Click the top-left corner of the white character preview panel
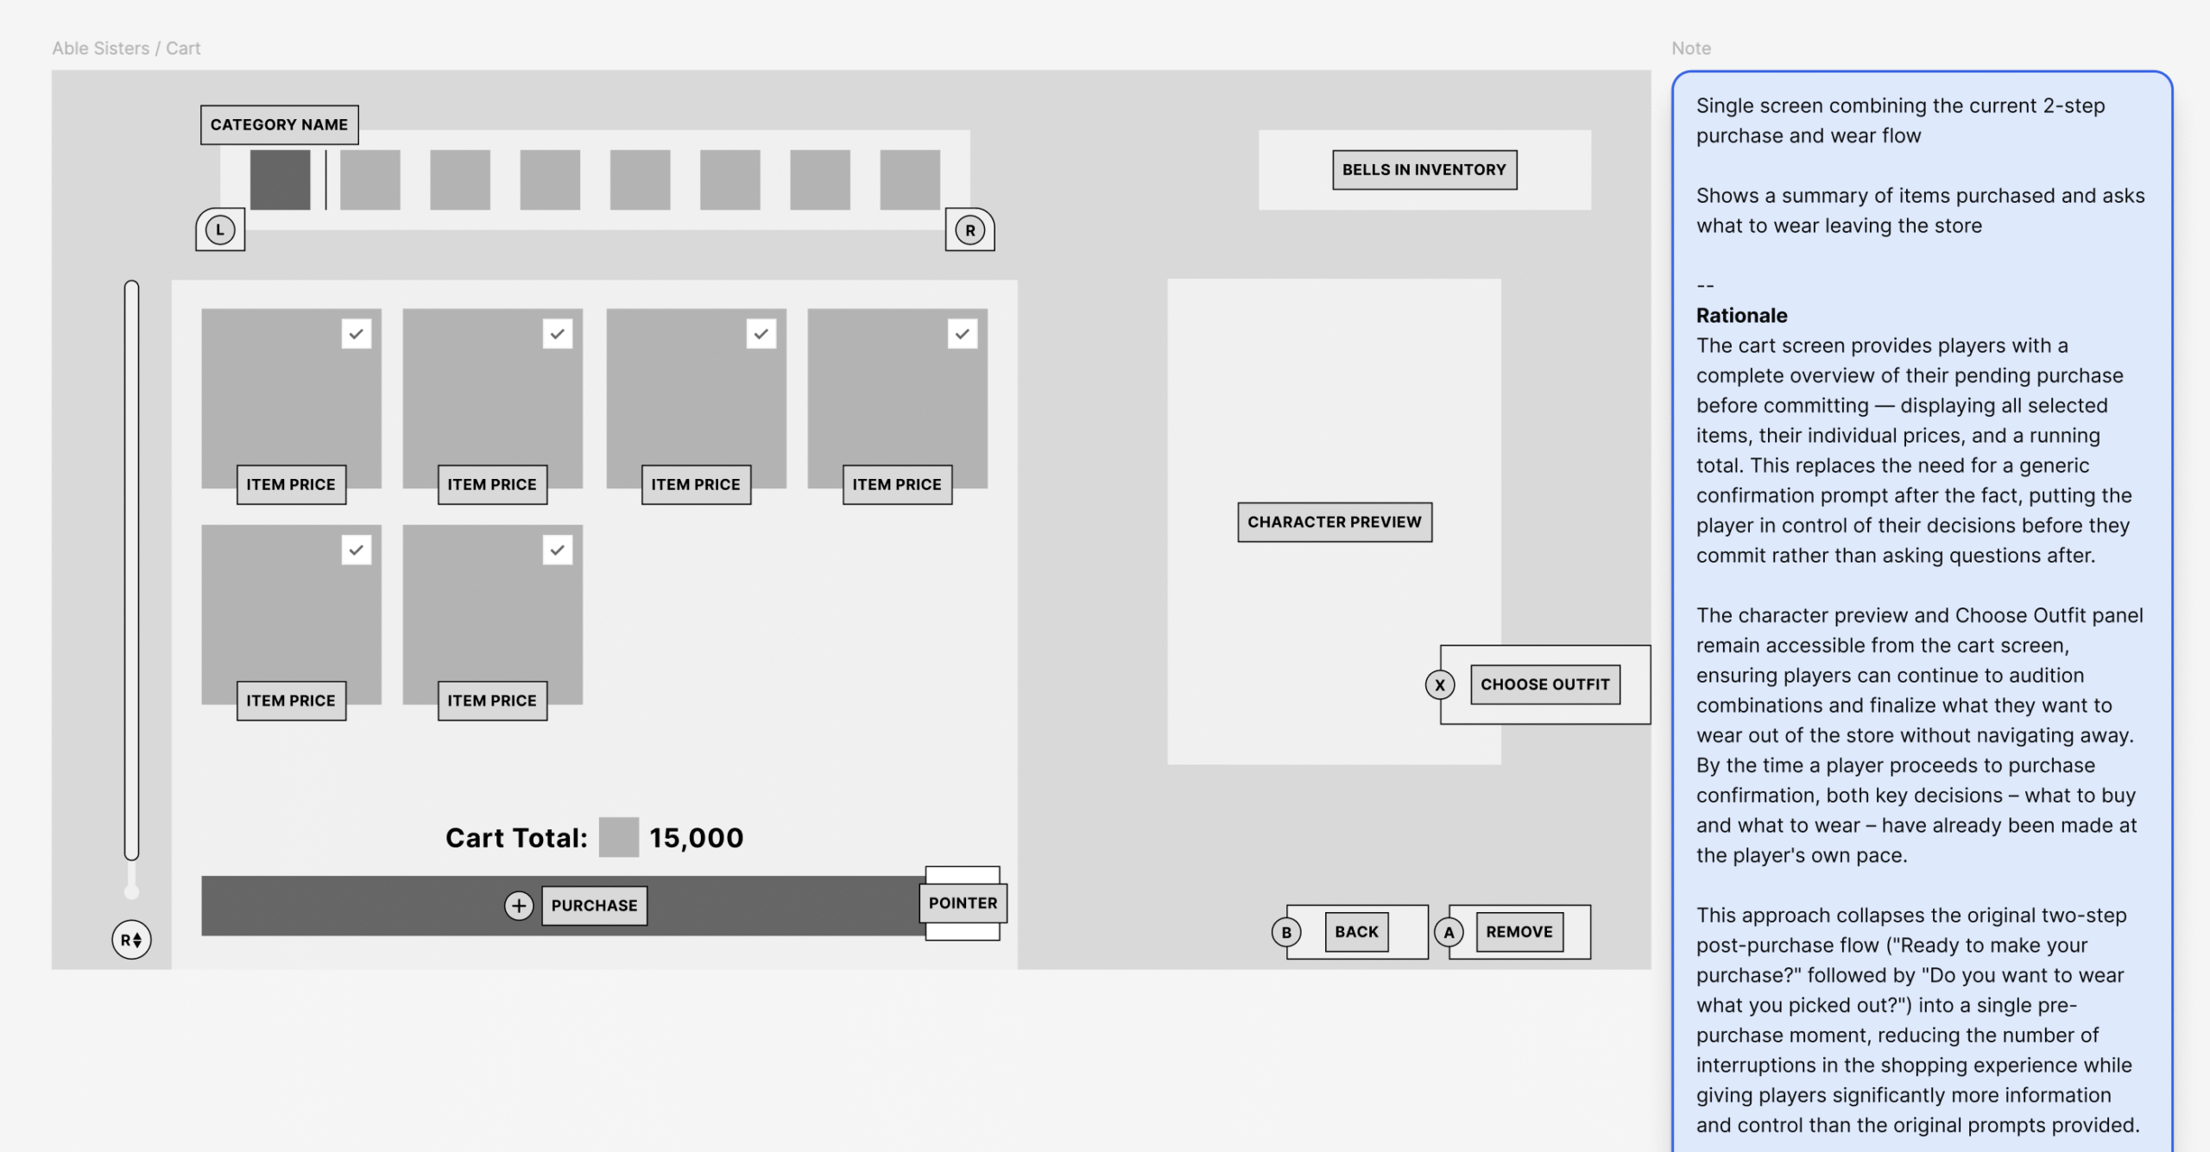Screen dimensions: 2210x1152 tap(1168, 279)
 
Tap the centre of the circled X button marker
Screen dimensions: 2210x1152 tap(1439, 685)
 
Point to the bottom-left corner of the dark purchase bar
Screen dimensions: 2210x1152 tap(202, 935)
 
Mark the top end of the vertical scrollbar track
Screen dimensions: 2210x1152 tap(131, 281)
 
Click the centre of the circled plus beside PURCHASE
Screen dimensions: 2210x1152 tap(519, 905)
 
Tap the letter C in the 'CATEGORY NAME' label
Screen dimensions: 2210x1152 tap(216, 124)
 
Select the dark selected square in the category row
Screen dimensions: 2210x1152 tap(280, 179)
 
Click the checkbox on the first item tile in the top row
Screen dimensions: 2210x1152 tap(357, 334)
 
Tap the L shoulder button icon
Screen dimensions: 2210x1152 tap(220, 230)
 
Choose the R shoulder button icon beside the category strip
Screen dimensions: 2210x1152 tap(970, 230)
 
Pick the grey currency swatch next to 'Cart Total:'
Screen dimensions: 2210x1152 tap(619, 837)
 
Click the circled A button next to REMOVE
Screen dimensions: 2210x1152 tap(1449, 932)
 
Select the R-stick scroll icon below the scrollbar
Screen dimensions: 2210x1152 tap(131, 940)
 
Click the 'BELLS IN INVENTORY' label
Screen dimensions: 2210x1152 tap(1424, 170)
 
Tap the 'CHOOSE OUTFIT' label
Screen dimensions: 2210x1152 tap(1545, 684)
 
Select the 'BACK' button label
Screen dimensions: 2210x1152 tap(1356, 932)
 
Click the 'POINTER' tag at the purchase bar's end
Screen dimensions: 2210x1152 tap(963, 903)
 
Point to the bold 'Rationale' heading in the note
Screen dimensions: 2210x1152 tap(1741, 315)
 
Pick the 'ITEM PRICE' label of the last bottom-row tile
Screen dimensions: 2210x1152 tap(492, 701)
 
